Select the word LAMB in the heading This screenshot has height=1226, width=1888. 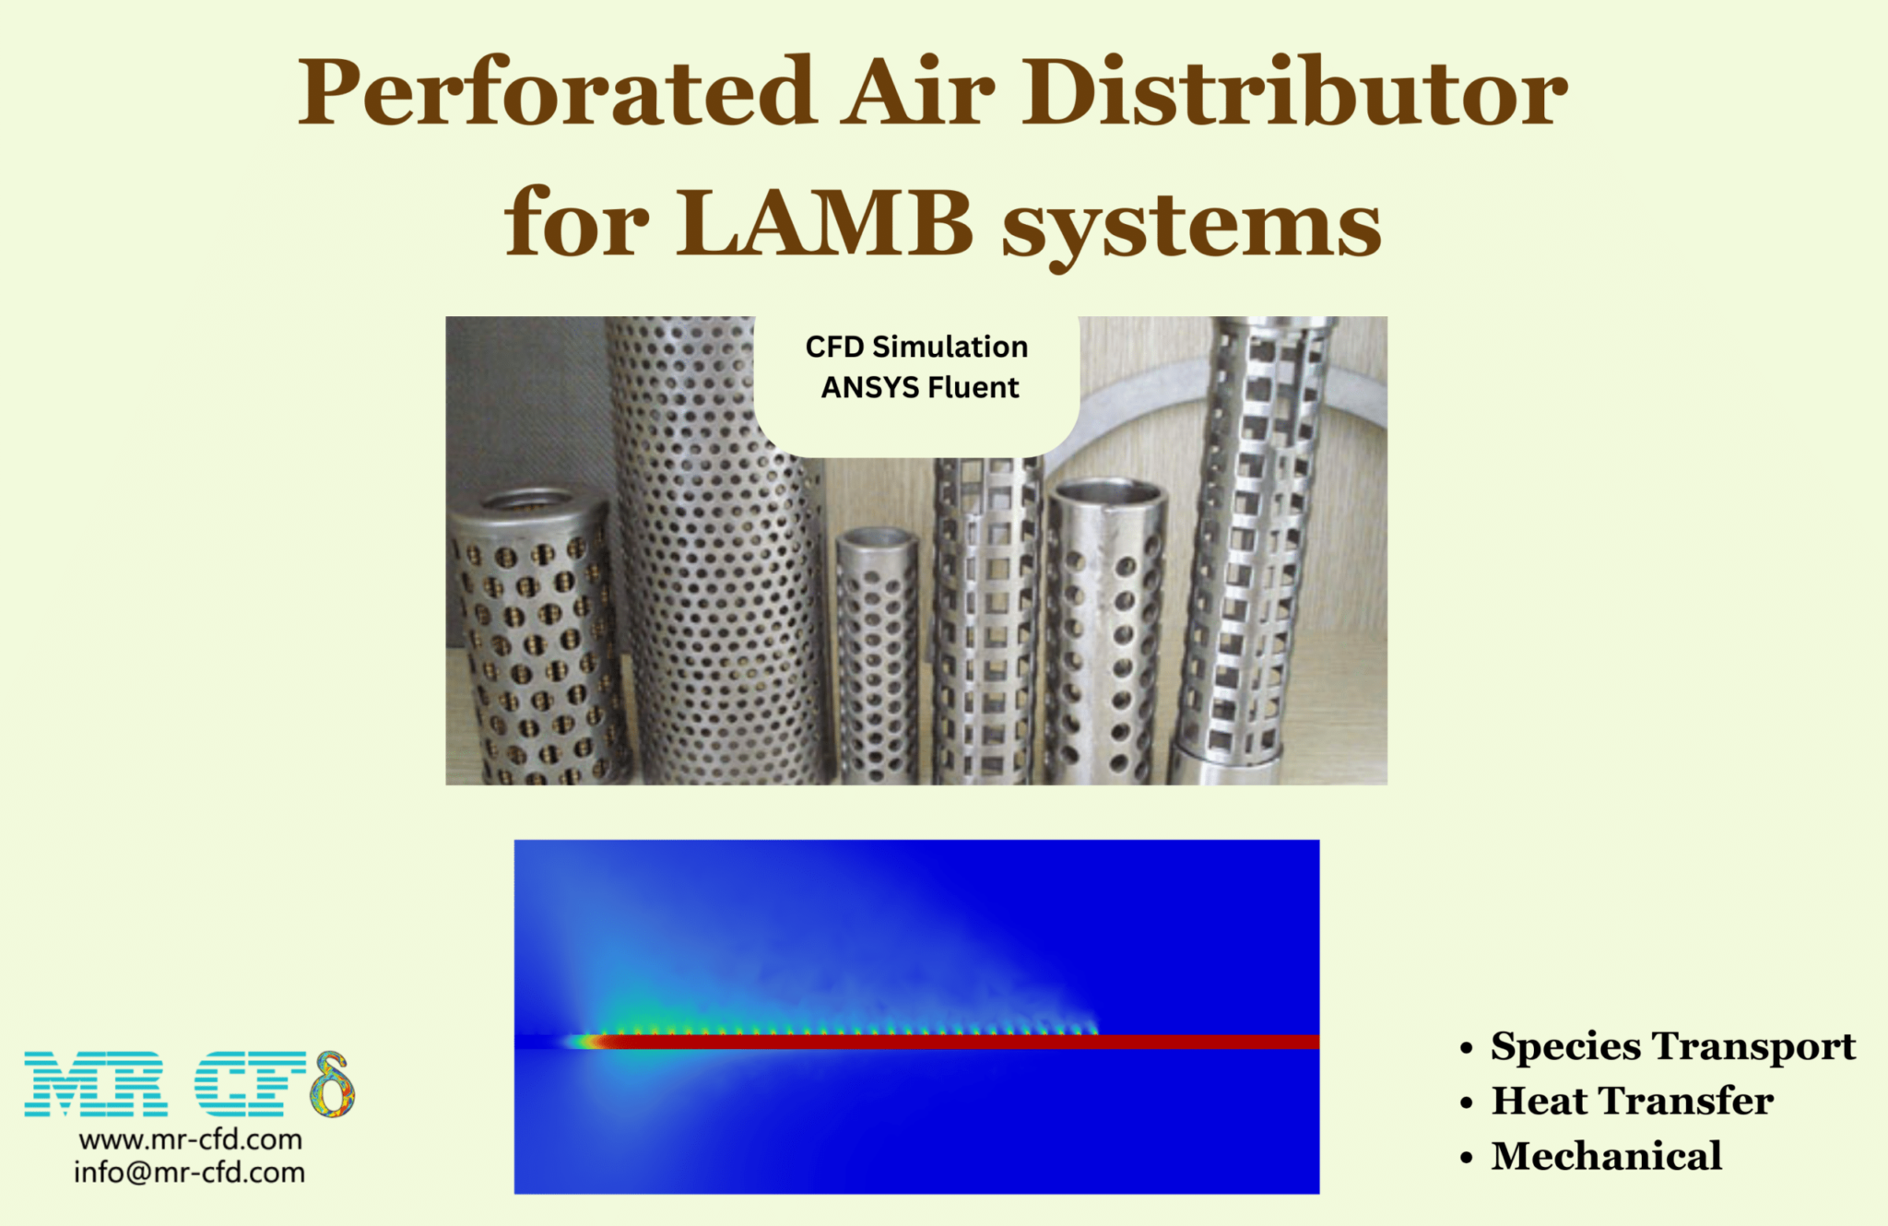click(x=825, y=224)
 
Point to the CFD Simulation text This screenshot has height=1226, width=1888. click(x=916, y=348)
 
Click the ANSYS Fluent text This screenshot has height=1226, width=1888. click(x=920, y=388)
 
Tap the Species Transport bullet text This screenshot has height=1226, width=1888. click(x=1672, y=1046)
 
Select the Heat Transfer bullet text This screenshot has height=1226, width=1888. click(x=1632, y=1101)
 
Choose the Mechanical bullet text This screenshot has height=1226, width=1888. click(x=1606, y=1156)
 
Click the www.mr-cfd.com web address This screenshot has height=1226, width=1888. click(x=191, y=1139)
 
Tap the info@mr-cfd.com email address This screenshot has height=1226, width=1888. click(x=190, y=1173)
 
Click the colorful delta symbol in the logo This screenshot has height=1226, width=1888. click(x=333, y=1085)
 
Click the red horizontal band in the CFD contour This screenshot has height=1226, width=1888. click(x=959, y=1042)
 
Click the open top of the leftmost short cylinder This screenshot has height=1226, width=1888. click(x=529, y=501)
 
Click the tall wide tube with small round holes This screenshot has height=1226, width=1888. click(x=714, y=553)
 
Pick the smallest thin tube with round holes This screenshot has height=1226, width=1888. click(x=878, y=654)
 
